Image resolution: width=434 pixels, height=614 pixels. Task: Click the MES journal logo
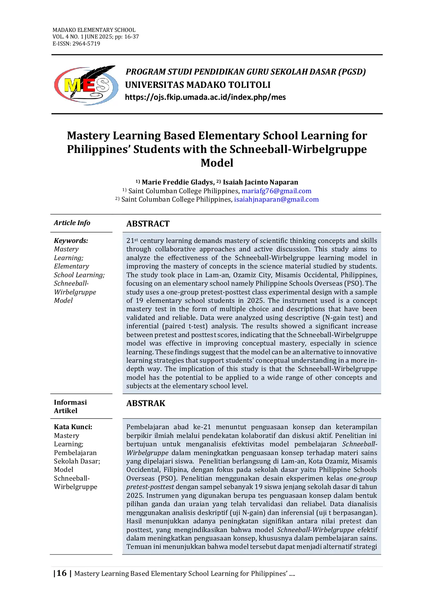(86, 85)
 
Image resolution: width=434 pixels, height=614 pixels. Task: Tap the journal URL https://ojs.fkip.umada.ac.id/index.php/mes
(205, 97)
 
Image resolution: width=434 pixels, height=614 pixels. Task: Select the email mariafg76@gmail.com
(276, 191)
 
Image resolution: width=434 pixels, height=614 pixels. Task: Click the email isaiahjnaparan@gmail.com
(276, 200)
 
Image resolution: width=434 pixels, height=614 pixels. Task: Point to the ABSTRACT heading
(148, 224)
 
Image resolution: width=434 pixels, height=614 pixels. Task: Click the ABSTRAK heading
(146, 403)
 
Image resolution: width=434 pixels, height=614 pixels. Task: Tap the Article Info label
(72, 223)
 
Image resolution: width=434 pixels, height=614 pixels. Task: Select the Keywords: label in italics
(71, 240)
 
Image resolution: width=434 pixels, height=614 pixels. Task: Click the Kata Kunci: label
(73, 427)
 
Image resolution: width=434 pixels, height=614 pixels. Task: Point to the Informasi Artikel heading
(70, 406)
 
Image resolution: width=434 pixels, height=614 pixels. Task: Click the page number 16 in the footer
(62, 573)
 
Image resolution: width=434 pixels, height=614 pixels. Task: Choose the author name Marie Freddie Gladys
(177, 182)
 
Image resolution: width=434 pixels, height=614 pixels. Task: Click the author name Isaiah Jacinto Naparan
(260, 182)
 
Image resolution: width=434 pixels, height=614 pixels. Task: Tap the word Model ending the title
(217, 163)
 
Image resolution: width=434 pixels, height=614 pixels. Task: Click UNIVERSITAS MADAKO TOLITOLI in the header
(198, 85)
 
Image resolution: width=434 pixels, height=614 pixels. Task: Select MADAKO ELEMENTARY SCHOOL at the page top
(94, 30)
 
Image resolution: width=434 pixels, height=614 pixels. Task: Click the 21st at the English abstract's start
(132, 241)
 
